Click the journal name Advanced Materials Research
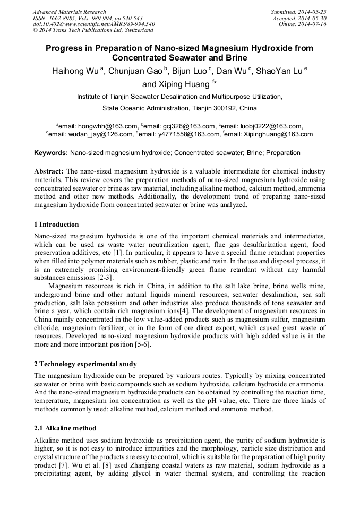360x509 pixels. coord(69,12)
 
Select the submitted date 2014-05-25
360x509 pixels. coord(313,12)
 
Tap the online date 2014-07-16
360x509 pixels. coord(313,24)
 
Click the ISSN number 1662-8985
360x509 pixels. coord(63,18)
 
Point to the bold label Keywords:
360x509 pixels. coord(50,153)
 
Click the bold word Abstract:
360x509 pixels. coord(49,171)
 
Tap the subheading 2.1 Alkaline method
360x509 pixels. coord(65,428)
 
